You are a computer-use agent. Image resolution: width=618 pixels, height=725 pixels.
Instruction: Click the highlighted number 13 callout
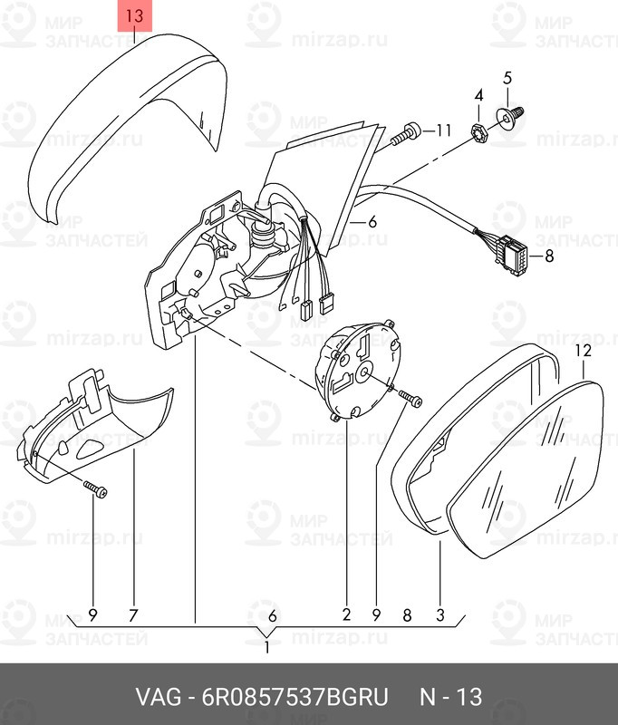[134, 16]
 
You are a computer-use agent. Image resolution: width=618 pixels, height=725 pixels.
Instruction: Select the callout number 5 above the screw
[507, 77]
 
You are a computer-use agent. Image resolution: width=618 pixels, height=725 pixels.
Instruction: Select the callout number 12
[583, 350]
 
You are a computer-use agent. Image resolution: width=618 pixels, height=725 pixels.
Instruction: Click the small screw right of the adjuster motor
[410, 397]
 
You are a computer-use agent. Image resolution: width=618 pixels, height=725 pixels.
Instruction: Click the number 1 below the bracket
[266, 648]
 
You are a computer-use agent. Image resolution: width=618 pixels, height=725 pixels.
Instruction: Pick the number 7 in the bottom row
[133, 615]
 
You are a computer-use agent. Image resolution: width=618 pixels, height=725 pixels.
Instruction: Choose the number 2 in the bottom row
[346, 615]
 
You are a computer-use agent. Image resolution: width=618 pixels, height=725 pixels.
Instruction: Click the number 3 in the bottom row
[439, 615]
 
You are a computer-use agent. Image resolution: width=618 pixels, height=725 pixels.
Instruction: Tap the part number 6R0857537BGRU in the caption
[288, 698]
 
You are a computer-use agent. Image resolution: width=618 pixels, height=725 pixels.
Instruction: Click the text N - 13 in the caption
[450, 698]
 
